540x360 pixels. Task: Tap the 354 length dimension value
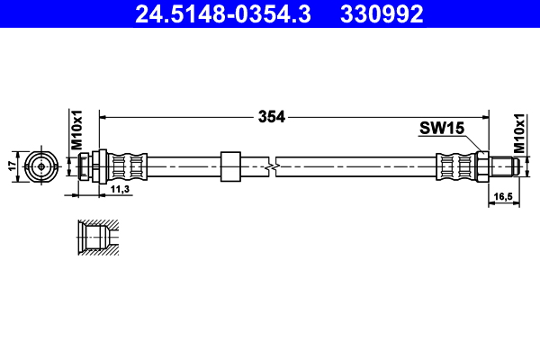tap(271, 116)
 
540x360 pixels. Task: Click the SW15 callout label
tap(440, 130)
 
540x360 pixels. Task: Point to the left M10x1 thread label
tap(77, 130)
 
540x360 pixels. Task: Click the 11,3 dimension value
tap(121, 189)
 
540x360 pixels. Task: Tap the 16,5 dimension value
tap(501, 194)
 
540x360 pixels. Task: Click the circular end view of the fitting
tap(40, 166)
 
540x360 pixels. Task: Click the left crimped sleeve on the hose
tap(128, 166)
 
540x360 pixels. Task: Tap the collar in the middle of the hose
tap(230, 166)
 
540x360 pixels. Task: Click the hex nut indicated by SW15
tap(482, 166)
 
